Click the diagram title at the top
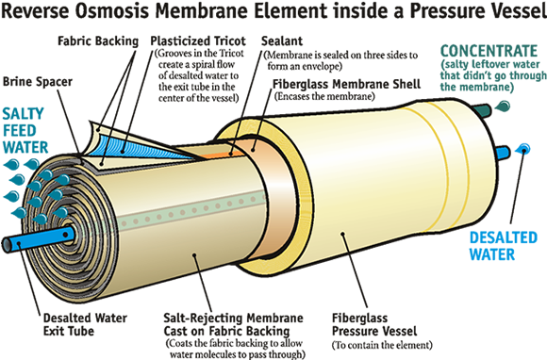(273, 12)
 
